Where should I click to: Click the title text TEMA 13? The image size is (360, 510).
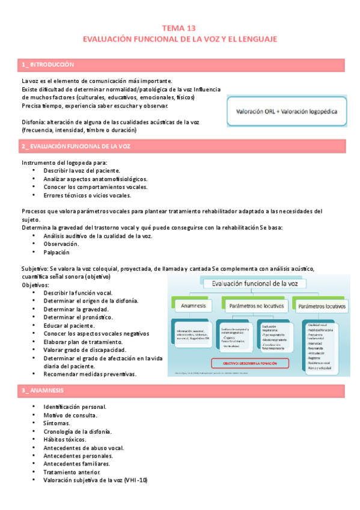(179, 28)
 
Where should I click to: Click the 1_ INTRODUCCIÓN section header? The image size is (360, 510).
(48, 64)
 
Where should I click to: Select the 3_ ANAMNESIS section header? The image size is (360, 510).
(43, 391)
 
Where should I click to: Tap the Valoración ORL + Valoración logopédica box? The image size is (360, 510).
(286, 111)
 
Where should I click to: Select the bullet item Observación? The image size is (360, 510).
(61, 244)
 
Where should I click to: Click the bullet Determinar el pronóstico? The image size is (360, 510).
(78, 317)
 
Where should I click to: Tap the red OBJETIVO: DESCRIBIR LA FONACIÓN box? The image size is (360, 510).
(249, 363)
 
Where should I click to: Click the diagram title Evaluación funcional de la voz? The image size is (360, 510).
(255, 284)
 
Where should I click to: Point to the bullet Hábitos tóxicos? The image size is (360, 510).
(65, 440)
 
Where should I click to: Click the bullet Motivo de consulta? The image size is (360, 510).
(70, 416)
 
